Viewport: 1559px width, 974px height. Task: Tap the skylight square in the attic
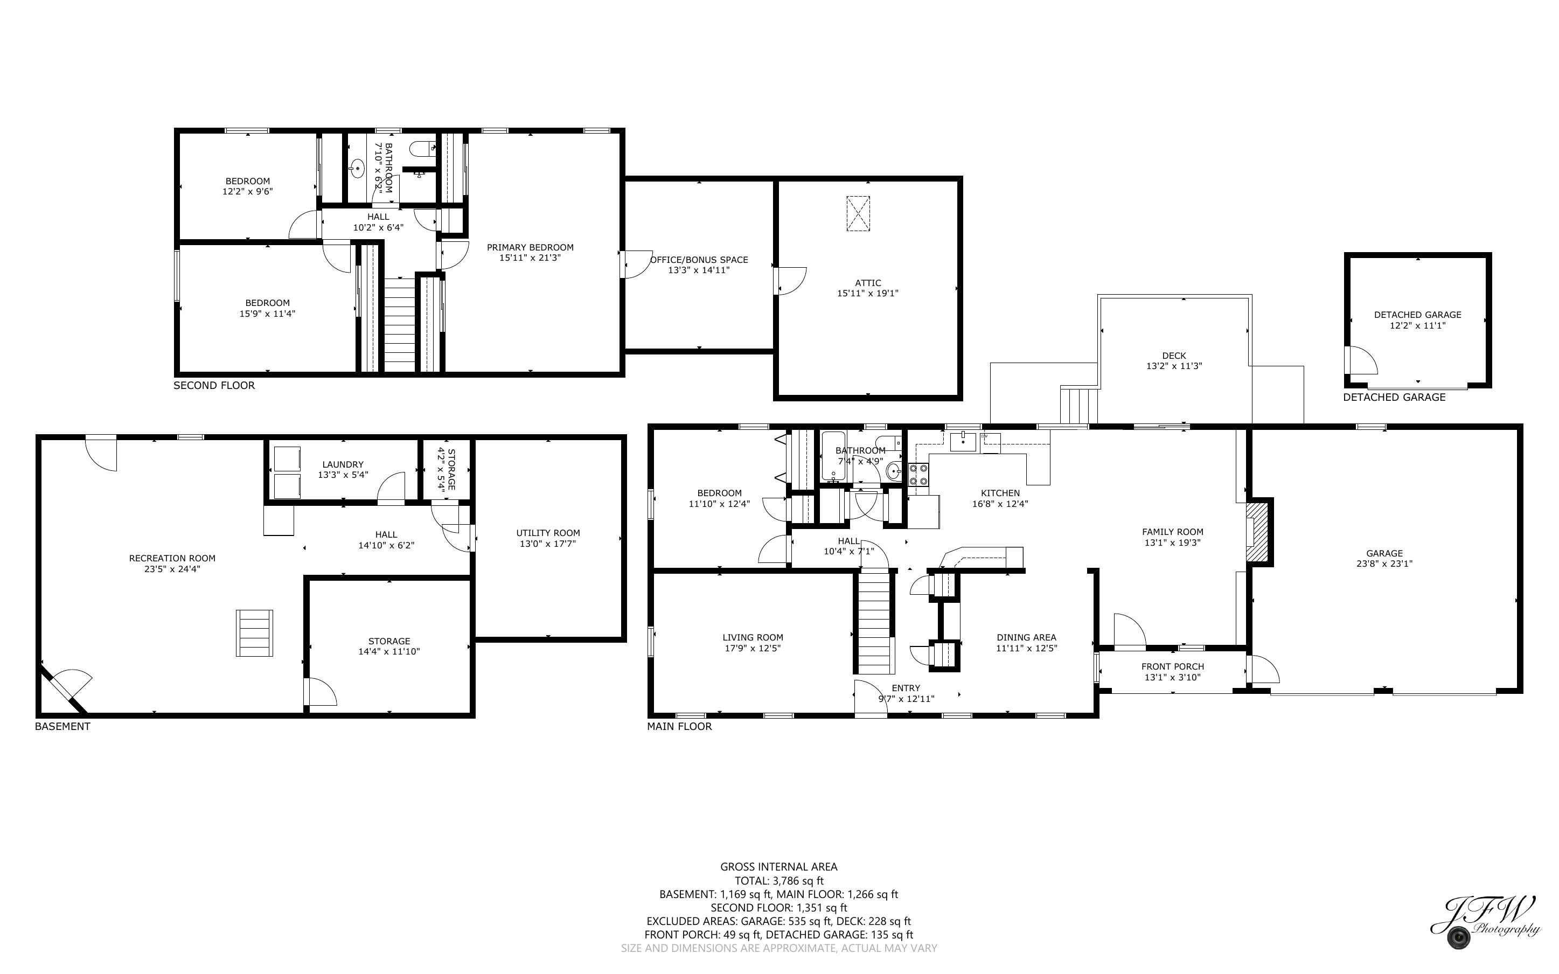[x=858, y=213]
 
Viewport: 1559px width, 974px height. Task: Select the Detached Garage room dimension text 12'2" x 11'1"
[x=1417, y=325]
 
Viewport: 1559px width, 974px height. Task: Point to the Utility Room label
[x=548, y=533]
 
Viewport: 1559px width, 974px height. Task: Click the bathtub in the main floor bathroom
[x=833, y=456]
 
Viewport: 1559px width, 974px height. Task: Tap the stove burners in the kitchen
[x=918, y=474]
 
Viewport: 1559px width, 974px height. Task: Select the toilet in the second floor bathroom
[x=422, y=149]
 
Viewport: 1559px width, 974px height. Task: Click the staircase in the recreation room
[x=254, y=632]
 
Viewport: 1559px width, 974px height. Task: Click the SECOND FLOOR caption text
[x=214, y=385]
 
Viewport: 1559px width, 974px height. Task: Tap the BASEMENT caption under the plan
[x=62, y=726]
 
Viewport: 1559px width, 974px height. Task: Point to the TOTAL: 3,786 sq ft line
[x=779, y=881]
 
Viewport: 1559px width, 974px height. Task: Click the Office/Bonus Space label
[x=699, y=260]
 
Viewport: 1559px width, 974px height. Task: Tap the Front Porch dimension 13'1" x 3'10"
[x=1173, y=677]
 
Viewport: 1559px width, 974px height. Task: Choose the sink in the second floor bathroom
[x=357, y=169]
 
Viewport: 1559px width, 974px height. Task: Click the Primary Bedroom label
[x=530, y=247]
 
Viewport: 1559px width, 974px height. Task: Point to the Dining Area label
[x=1026, y=637]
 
